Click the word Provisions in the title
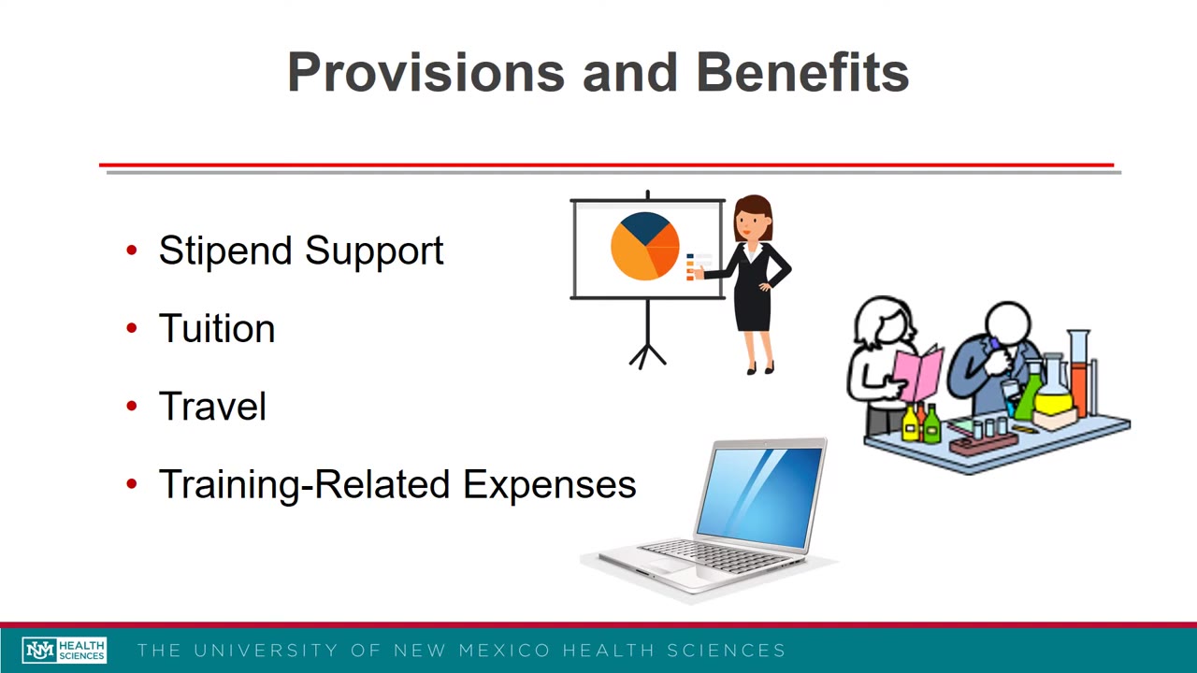(425, 73)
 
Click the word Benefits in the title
(802, 73)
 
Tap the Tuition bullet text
(216, 329)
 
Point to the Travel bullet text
(212, 407)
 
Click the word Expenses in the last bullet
(549, 484)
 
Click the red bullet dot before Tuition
(132, 328)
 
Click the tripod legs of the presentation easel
(647, 354)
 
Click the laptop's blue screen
(758, 495)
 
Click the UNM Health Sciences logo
(65, 651)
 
